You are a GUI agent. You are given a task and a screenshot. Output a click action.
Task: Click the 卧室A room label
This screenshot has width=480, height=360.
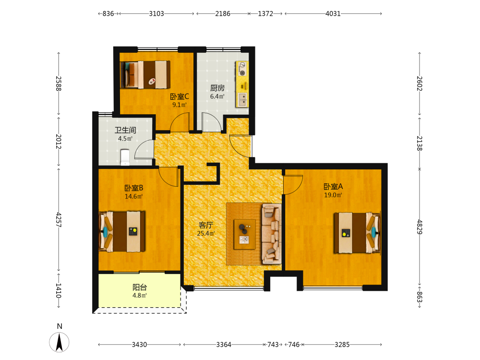(x=333, y=186)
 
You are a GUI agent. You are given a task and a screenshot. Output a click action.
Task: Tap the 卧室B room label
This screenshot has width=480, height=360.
(x=134, y=188)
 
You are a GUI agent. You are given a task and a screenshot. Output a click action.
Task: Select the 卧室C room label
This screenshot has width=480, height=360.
(x=180, y=97)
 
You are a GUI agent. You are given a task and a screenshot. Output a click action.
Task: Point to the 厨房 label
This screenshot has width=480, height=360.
(x=217, y=88)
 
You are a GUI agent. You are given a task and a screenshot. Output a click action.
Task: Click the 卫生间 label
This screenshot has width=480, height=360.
(x=125, y=130)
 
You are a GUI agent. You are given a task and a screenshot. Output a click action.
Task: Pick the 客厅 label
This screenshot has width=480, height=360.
(x=206, y=225)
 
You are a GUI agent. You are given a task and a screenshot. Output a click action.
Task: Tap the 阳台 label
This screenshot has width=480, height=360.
(x=140, y=288)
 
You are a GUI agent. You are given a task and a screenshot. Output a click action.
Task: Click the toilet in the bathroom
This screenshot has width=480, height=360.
(x=125, y=157)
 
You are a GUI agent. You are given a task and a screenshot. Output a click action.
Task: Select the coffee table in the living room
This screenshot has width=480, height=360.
(x=245, y=234)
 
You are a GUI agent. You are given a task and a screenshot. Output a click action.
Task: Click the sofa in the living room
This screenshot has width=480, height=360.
(x=272, y=234)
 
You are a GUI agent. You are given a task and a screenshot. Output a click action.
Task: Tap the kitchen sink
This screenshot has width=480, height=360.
(x=242, y=99)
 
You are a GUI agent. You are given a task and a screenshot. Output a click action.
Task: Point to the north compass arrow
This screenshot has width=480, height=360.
(x=59, y=342)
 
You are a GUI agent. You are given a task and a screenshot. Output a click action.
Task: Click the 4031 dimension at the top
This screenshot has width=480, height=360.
(x=333, y=13)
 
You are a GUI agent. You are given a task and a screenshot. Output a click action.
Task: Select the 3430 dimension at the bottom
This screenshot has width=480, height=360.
(x=139, y=345)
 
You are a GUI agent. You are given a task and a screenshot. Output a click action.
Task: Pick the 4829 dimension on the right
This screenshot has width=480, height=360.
(x=420, y=227)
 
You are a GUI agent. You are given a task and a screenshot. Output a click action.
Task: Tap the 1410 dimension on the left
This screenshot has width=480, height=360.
(x=59, y=290)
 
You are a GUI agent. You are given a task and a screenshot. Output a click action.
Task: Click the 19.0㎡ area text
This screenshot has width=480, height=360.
(x=333, y=195)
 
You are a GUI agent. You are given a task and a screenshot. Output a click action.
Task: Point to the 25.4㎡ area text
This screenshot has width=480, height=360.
(x=206, y=234)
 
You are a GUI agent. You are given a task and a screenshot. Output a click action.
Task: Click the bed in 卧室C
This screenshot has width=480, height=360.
(x=145, y=75)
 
